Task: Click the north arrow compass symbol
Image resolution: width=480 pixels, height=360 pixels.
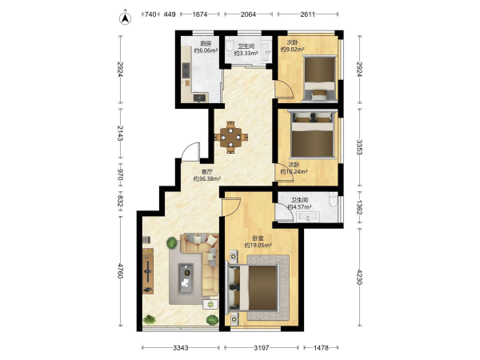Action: pyautogui.click(x=125, y=18)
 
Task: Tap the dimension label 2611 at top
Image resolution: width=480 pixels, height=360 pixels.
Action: pyautogui.click(x=308, y=14)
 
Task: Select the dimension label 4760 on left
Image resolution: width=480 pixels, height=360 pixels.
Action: pyautogui.click(x=120, y=271)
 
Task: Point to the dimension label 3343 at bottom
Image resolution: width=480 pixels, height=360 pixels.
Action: pyautogui.click(x=181, y=348)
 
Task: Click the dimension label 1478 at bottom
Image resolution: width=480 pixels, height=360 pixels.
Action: pyautogui.click(x=321, y=348)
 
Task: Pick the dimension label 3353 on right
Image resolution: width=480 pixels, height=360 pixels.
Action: pyautogui.click(x=359, y=147)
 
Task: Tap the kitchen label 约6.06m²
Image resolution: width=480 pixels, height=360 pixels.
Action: pyautogui.click(x=206, y=50)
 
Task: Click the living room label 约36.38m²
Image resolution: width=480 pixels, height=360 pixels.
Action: pyautogui.click(x=207, y=178)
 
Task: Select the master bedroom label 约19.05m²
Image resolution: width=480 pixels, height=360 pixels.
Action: pyautogui.click(x=258, y=246)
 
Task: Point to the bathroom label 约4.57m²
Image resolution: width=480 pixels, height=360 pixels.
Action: pyautogui.click(x=299, y=206)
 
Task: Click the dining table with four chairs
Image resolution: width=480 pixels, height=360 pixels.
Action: pyautogui.click(x=230, y=137)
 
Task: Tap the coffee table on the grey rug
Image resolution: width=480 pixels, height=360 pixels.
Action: pyautogui.click(x=186, y=278)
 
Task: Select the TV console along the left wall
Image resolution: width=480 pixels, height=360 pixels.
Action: pyautogui.click(x=148, y=270)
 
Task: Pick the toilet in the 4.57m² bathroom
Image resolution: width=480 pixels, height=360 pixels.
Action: pyautogui.click(x=333, y=199)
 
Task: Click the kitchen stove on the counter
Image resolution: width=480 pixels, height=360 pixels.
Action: pyautogui.click(x=186, y=70)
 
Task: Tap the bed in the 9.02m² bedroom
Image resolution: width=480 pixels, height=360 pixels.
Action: pyautogui.click(x=319, y=78)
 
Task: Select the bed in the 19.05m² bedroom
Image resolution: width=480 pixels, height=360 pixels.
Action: pyautogui.click(x=252, y=288)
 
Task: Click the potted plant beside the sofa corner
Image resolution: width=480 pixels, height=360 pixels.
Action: pyautogui.click(x=172, y=243)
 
